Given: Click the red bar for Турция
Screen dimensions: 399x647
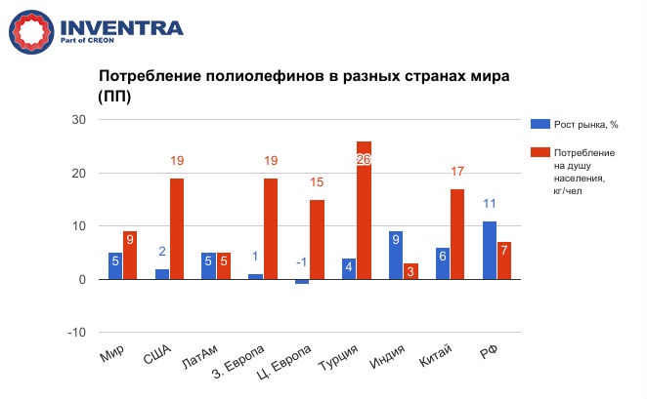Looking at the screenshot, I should click(x=364, y=210).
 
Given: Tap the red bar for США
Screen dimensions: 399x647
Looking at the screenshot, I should click(x=176, y=228).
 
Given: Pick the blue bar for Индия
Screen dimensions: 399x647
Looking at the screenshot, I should click(x=395, y=255).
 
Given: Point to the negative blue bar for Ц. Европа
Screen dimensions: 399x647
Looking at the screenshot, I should click(x=301, y=282).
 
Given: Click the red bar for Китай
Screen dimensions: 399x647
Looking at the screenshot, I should click(x=457, y=234).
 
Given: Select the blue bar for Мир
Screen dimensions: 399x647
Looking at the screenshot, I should click(x=114, y=265).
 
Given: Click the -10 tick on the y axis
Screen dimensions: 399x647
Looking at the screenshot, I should click(x=75, y=332).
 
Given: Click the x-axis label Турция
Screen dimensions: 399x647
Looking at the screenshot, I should click(x=342, y=362).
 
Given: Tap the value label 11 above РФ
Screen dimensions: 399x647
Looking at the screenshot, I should click(x=489, y=205).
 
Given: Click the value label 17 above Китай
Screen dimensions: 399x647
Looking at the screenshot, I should click(x=457, y=173).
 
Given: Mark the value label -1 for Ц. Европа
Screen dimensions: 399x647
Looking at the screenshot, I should click(x=301, y=261).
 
